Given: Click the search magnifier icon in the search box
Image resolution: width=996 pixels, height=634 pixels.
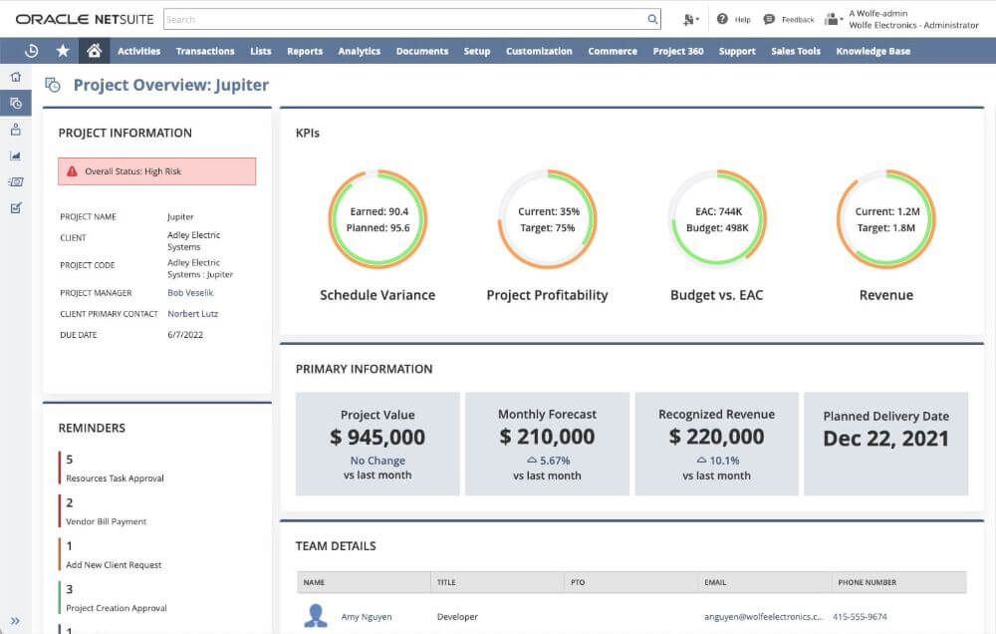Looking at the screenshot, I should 652,19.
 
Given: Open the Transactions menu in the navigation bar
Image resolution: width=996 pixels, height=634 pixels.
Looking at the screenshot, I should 205,51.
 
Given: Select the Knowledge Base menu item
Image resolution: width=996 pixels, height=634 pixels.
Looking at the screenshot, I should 872,51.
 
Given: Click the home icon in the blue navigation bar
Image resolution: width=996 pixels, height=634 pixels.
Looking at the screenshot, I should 94,51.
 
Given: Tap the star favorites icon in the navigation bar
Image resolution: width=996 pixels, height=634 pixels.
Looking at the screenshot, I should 63,51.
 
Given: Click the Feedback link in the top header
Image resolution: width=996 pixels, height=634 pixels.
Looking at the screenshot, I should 797,19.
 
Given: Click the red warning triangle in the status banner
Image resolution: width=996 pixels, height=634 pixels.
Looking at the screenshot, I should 72,171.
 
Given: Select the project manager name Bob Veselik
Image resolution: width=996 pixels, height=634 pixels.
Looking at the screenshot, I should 190,293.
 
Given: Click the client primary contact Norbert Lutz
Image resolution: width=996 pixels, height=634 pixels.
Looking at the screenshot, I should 192,314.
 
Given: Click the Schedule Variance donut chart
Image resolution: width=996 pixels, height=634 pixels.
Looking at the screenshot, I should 377,219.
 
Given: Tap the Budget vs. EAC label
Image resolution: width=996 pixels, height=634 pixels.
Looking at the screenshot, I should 716,295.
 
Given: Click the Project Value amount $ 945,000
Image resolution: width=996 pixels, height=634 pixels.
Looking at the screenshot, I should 377,437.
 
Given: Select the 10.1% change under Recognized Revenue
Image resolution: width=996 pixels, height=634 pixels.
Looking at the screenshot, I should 724,461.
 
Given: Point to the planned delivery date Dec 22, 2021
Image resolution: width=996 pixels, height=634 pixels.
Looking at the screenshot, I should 885,439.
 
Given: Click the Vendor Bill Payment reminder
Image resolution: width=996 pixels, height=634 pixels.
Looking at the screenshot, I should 106,521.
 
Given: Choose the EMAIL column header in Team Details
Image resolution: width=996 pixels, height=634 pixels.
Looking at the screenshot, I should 715,582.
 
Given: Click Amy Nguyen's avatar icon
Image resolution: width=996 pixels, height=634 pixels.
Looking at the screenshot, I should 316,616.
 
